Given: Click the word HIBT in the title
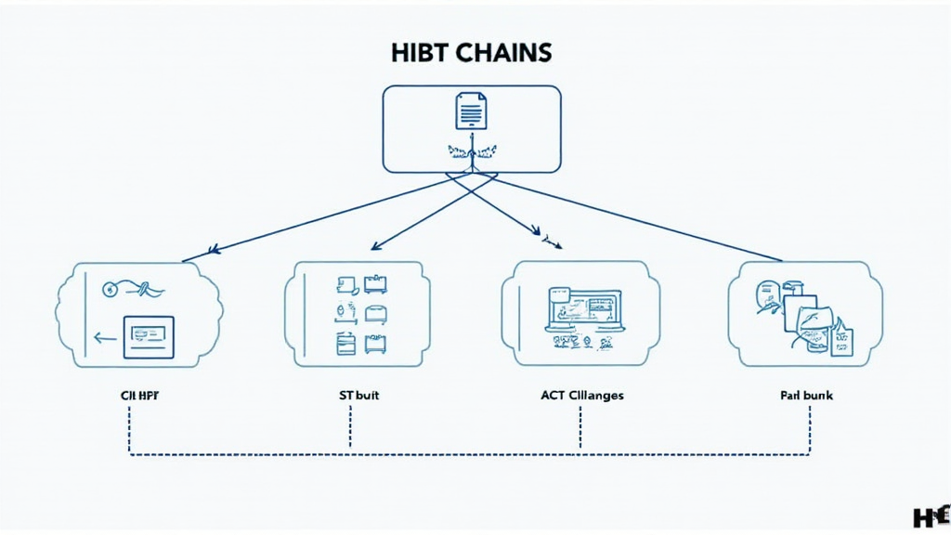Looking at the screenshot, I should (x=422, y=53).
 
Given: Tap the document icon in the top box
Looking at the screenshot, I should (x=471, y=111).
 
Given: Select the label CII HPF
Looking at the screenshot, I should (x=139, y=396).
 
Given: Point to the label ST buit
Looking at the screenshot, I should (x=358, y=396).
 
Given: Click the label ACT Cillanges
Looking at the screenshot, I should (x=582, y=396).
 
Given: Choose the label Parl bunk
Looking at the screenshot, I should (x=806, y=396).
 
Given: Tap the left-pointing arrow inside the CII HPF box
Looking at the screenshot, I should (x=105, y=339).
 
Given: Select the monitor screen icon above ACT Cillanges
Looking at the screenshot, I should (x=583, y=310).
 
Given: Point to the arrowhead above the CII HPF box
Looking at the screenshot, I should (x=213, y=249).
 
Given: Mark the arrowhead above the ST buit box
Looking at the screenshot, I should (x=374, y=246).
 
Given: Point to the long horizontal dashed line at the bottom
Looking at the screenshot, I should (x=464, y=455).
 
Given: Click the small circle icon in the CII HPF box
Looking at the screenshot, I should (x=111, y=289).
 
